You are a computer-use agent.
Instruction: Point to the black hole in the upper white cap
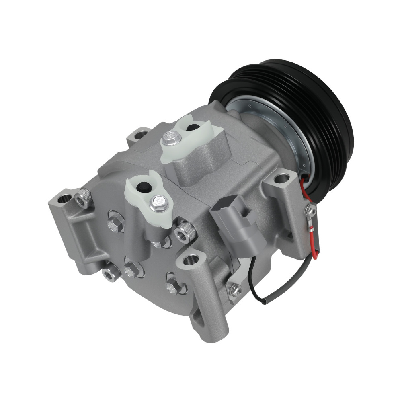coord(193,128)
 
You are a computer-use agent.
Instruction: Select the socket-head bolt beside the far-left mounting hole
coord(83,198)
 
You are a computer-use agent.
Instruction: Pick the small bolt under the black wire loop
coord(234,288)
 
